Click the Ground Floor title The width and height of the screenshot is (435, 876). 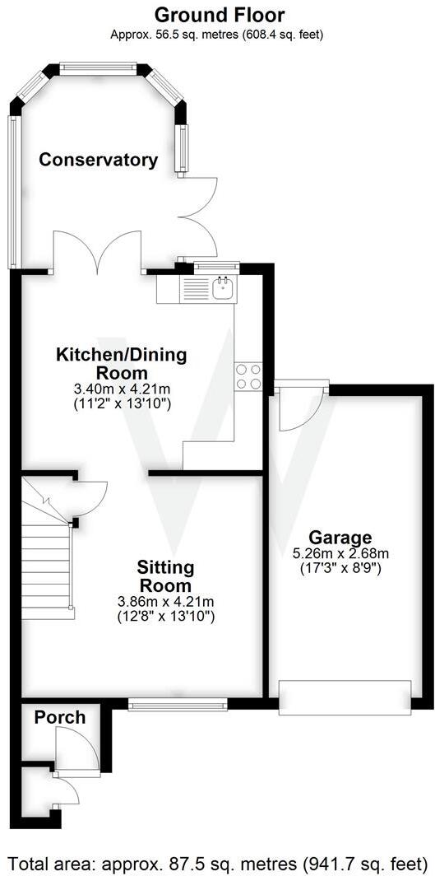220,15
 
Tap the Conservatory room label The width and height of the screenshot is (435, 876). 99,160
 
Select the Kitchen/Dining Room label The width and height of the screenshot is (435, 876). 121,364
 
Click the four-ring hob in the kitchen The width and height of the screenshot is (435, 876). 248,376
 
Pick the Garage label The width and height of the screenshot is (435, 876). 340,538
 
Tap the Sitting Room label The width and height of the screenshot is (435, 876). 165,576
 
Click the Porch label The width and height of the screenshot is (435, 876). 59,717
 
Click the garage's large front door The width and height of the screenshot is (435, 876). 345,695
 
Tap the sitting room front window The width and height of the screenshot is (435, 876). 177,704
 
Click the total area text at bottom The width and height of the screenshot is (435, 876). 217,864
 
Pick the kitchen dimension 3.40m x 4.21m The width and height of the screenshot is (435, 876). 121,389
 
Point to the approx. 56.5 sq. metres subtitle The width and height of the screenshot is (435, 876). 217,35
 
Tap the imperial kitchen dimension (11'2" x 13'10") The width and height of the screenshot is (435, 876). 121,403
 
